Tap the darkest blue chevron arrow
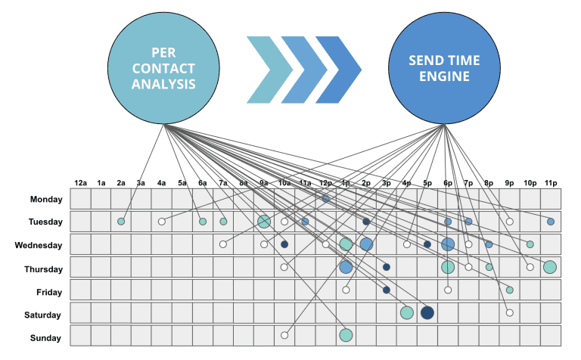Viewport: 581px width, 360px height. coord(336,70)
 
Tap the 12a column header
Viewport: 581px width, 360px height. coord(81,182)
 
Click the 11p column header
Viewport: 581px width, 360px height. coord(551,182)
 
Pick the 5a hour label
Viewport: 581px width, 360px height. coord(182,182)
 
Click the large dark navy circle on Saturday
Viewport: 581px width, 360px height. coord(427,312)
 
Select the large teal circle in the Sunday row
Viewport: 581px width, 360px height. coord(346,335)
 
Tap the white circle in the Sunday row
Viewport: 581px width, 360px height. coord(284,335)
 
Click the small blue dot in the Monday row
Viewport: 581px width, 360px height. coord(325,198)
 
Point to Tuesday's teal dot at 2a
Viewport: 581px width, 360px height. coord(121,222)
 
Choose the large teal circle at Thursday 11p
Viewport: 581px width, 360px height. coord(550,266)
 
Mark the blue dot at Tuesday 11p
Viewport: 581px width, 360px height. coord(551,222)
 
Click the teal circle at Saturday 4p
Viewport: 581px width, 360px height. coord(407,312)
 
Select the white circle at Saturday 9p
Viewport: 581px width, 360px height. coord(510,312)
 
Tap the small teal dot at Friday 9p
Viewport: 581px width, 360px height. coord(510,290)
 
